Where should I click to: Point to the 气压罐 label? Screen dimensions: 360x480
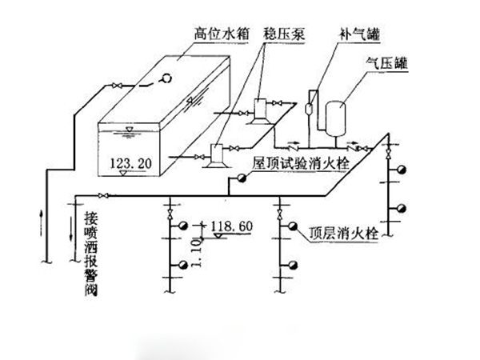tap(387, 62)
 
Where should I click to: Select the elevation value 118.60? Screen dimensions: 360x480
tap(231, 226)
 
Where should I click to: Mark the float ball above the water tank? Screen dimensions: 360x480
tap(168, 78)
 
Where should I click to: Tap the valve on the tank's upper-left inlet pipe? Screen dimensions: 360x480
tap(116, 85)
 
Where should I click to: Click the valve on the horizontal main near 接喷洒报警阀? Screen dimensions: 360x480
tap(101, 195)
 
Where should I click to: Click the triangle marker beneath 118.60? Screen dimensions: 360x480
tap(214, 237)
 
